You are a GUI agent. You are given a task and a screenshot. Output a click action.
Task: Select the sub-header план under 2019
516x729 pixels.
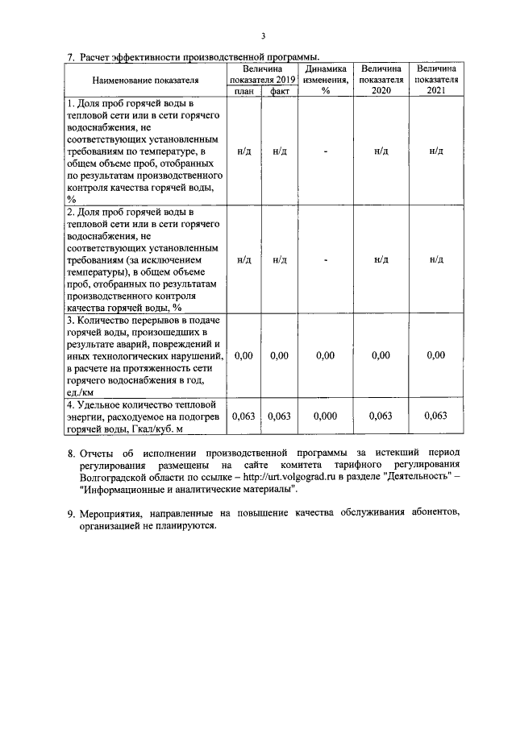(x=243, y=92)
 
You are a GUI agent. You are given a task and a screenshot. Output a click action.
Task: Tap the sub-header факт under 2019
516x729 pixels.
(x=280, y=92)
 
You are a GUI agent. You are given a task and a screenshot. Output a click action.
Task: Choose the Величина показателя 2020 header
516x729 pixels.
(x=381, y=81)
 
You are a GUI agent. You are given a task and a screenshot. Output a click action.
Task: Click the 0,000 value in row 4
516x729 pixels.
(x=326, y=416)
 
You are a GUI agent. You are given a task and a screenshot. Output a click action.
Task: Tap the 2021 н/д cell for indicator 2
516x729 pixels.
(x=436, y=259)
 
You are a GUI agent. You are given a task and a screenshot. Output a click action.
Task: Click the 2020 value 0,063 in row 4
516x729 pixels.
(x=381, y=416)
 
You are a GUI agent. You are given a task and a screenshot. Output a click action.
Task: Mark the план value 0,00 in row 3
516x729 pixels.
(x=243, y=355)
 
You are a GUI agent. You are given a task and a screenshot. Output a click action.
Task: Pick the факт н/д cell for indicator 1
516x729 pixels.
(x=280, y=151)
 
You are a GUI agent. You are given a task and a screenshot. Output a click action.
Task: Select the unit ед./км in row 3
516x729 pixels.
(x=81, y=392)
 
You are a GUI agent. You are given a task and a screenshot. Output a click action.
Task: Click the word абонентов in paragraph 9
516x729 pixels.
(x=434, y=513)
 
